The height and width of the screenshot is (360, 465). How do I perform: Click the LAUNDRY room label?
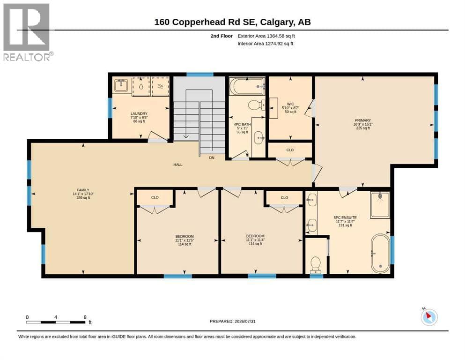click(x=139, y=113)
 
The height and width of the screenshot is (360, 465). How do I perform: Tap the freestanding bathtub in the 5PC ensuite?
click(x=381, y=254)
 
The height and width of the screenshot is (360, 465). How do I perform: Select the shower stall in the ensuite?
click(x=380, y=205)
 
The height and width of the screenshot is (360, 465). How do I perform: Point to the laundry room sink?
click(x=121, y=85)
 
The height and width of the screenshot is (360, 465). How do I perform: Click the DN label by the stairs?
click(x=212, y=157)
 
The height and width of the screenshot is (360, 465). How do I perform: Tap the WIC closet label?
click(x=290, y=104)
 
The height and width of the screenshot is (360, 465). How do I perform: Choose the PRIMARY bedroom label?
click(x=363, y=120)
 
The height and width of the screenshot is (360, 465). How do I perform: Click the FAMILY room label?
click(x=83, y=190)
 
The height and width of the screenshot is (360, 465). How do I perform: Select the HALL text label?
click(x=178, y=165)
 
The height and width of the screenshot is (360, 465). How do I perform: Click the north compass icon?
click(x=429, y=317)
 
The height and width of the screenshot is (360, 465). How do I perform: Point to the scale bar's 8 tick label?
click(x=85, y=317)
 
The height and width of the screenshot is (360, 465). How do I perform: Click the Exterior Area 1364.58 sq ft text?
click(x=266, y=36)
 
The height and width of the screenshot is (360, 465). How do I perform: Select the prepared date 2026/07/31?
click(x=245, y=321)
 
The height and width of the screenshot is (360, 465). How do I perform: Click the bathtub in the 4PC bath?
click(x=247, y=86)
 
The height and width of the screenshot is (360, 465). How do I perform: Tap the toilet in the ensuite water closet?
click(x=316, y=265)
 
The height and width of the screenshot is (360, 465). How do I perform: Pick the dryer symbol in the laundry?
click(x=160, y=86)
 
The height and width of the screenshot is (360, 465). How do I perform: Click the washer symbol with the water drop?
click(x=141, y=86)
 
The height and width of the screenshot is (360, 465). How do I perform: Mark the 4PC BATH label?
click(x=242, y=124)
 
